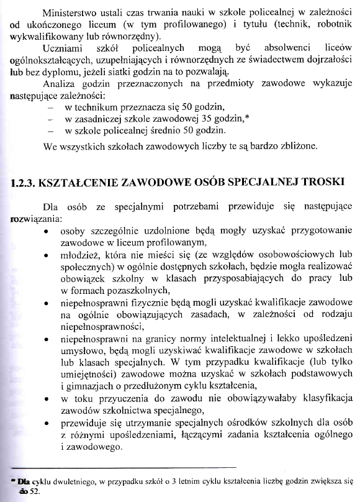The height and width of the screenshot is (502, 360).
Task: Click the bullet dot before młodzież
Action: (x=48, y=255)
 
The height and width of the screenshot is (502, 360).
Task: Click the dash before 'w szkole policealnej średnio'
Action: (x=49, y=132)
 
